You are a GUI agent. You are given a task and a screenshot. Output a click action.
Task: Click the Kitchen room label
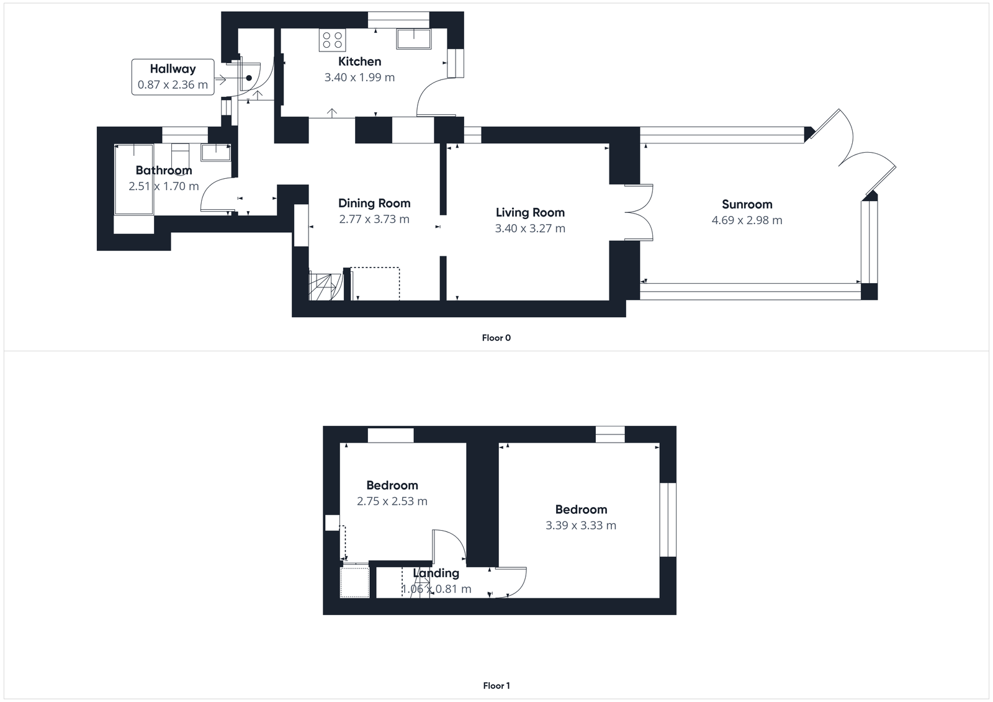tap(359, 61)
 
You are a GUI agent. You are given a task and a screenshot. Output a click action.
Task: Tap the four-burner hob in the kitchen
tap(332, 40)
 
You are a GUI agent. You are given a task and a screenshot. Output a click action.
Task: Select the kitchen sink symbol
tap(414, 38)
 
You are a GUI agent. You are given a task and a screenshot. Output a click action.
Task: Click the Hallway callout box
tap(173, 77)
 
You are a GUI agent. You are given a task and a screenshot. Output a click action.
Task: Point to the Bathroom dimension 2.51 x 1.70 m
tap(164, 186)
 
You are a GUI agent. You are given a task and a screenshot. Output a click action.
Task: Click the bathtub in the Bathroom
tap(134, 179)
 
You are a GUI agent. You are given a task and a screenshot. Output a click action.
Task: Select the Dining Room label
tap(374, 203)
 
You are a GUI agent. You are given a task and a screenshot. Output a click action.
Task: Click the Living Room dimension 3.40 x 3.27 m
tap(530, 228)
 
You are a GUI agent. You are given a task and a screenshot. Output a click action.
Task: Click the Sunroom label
tap(747, 204)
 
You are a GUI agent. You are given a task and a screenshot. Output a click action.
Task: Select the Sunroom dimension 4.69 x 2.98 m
tap(747, 220)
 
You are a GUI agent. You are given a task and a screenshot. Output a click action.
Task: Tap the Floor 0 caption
tap(496, 338)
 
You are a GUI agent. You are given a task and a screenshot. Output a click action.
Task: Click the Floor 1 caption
tap(496, 686)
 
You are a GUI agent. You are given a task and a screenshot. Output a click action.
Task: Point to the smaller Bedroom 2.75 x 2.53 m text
tap(392, 501)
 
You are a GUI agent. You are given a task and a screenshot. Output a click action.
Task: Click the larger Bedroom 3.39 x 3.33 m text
tap(580, 525)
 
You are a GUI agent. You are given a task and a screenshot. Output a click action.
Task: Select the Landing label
tap(436, 573)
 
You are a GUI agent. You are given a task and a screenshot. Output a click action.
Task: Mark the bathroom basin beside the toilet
tap(215, 152)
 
